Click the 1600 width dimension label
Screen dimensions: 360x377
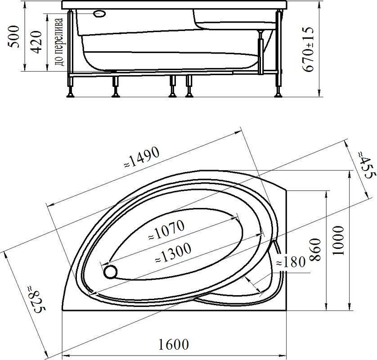(173, 345)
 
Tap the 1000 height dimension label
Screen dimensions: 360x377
(339, 240)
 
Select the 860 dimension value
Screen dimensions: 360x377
(315, 250)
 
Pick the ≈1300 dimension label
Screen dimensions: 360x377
(172, 252)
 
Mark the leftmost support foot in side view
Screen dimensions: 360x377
(71, 92)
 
